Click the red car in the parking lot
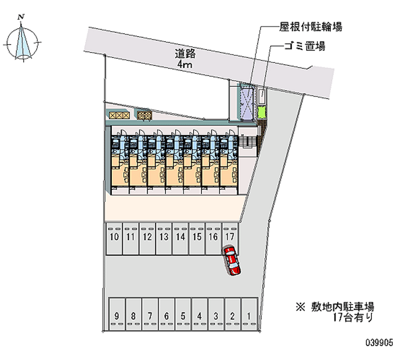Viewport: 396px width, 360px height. [x=231, y=260]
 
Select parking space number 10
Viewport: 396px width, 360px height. [x=115, y=237]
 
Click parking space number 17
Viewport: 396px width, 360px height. [x=229, y=237]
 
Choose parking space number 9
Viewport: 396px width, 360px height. [x=116, y=315]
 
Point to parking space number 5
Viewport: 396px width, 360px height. [x=183, y=315]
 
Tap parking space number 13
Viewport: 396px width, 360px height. [x=164, y=237]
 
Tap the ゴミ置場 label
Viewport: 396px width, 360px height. [x=305, y=47]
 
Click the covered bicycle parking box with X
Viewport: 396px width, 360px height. [x=246, y=103]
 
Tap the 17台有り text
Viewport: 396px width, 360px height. [x=352, y=317]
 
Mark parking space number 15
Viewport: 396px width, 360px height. [x=197, y=237]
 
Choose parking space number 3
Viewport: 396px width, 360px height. [x=216, y=315]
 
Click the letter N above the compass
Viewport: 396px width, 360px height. [x=21, y=17]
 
